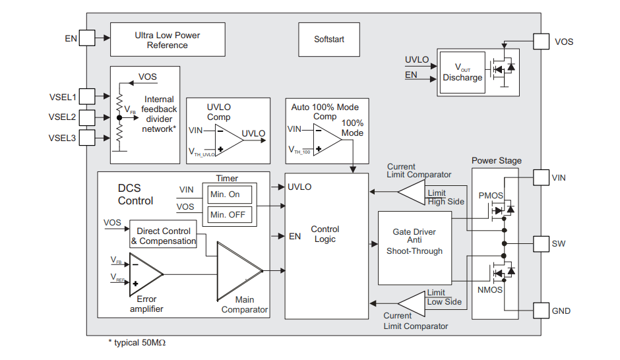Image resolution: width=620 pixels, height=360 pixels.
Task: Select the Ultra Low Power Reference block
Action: [x=167, y=40]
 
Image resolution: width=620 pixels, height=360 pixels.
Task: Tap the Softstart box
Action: [x=329, y=40]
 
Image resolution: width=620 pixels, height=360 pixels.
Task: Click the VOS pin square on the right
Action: [x=541, y=42]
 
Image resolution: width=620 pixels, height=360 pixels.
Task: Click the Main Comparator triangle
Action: [x=238, y=271]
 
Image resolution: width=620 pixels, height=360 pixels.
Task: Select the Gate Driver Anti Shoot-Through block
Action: [x=414, y=241]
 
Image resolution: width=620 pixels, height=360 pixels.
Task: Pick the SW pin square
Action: [x=541, y=244]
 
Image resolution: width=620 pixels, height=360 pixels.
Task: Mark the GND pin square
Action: [x=541, y=311]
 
